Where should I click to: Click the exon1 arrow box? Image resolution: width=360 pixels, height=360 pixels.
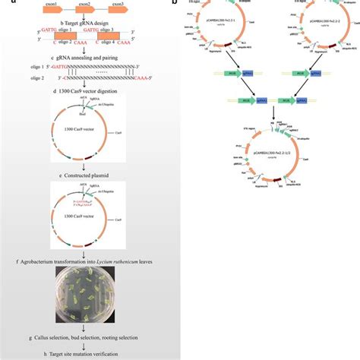pos(37,13)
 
